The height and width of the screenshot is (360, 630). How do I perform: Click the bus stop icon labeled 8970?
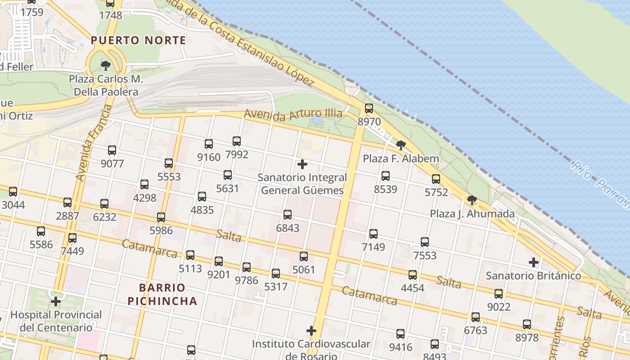[x=369, y=108]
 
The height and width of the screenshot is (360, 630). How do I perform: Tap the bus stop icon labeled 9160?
[x=209, y=144]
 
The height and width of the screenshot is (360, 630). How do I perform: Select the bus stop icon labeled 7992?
[x=237, y=141]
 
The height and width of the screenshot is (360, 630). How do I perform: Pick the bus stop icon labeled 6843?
[x=288, y=215]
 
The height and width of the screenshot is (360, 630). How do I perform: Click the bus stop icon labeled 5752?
[x=436, y=179]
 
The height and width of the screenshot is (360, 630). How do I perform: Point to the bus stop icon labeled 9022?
[x=499, y=294]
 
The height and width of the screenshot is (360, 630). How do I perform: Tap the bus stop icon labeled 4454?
[x=413, y=275]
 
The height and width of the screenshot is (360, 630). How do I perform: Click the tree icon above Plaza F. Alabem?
[x=400, y=145]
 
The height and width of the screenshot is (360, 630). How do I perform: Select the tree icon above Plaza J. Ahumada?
[x=472, y=200]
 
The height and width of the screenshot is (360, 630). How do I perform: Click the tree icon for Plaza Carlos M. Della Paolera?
[x=106, y=66]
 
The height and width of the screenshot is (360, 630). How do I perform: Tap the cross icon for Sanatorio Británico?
[x=534, y=262]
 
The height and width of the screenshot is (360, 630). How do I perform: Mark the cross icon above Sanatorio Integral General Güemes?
[x=302, y=164]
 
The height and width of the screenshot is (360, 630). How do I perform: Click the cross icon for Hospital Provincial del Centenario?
[x=56, y=301]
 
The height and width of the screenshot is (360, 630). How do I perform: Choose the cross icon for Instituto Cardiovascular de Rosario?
[x=311, y=331]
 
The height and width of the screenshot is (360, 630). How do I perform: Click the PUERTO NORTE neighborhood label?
[x=139, y=40]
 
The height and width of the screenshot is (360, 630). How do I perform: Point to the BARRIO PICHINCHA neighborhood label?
[x=162, y=294]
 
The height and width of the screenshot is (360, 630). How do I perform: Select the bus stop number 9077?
[x=112, y=163]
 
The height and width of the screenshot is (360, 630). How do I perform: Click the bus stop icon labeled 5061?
[x=304, y=256]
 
